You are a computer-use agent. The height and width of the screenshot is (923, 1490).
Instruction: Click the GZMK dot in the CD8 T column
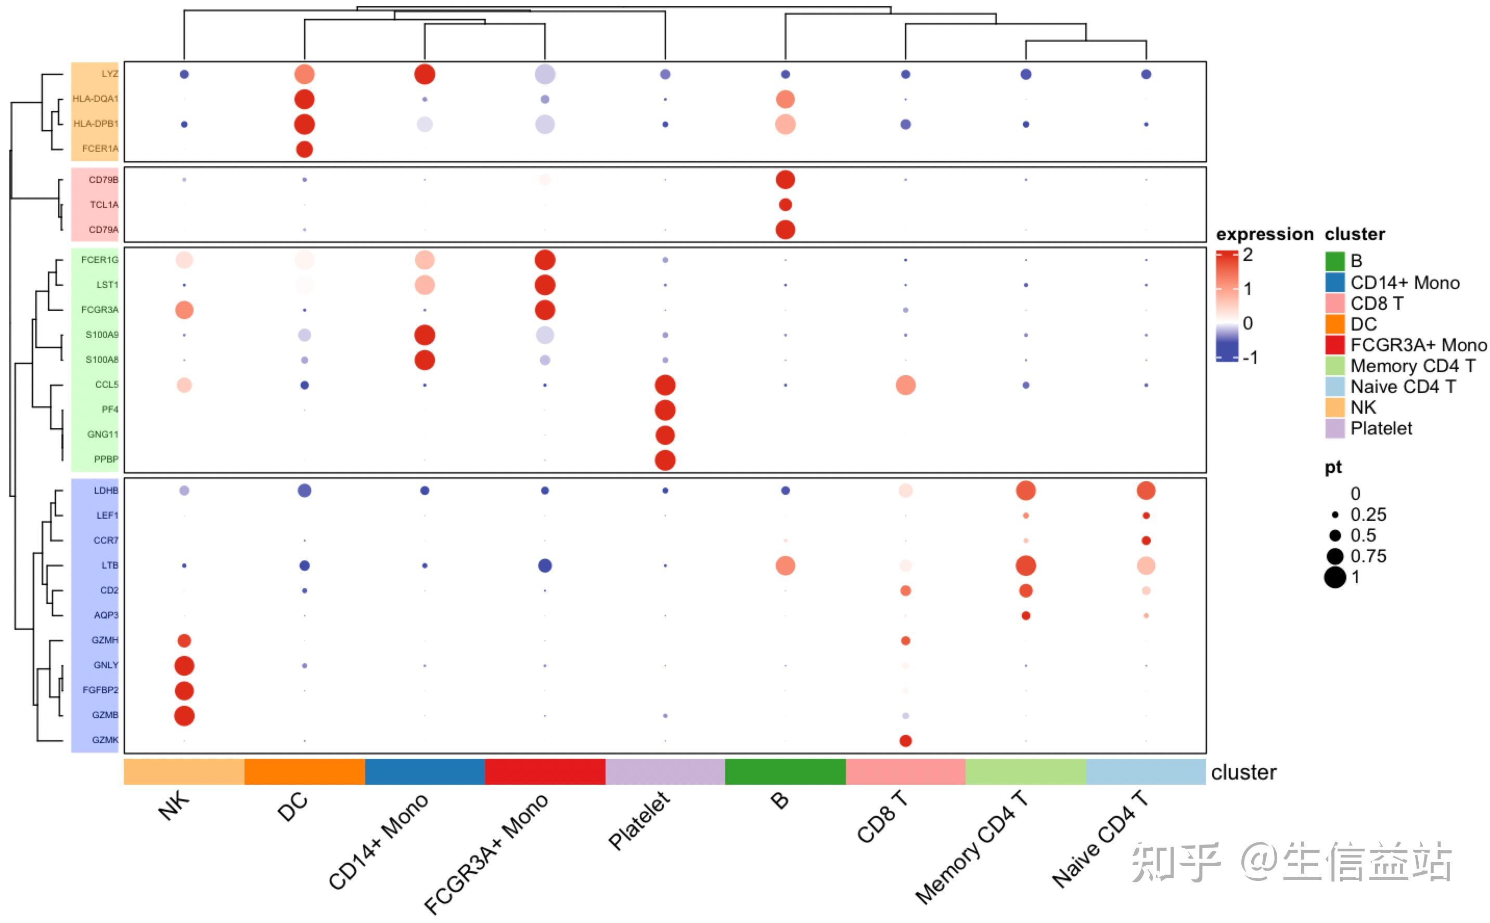(905, 741)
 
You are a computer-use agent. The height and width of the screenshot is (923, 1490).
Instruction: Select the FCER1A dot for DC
(304, 149)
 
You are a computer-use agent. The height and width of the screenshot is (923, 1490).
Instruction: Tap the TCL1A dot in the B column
(785, 204)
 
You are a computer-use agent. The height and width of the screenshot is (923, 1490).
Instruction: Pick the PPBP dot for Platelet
(665, 459)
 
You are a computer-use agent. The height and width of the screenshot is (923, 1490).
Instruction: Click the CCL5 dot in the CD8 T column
(905, 385)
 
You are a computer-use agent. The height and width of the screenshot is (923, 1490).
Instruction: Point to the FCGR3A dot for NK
(184, 310)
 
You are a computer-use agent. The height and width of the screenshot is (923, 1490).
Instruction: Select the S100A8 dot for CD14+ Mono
(425, 360)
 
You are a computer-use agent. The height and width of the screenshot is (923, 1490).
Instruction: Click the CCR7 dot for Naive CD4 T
(1146, 540)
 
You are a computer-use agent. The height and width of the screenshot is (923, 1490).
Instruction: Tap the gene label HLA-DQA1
(95, 99)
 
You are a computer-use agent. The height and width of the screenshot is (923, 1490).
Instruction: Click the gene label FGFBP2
(100, 690)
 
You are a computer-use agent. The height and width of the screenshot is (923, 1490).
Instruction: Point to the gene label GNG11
(102, 434)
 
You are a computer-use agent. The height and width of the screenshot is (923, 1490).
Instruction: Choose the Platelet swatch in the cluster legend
(1335, 429)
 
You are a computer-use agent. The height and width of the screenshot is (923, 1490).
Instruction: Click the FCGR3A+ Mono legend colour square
(1335, 345)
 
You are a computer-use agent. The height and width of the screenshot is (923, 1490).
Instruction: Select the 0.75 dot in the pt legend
(1335, 556)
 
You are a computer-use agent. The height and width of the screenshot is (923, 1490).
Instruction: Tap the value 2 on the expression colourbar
(1248, 255)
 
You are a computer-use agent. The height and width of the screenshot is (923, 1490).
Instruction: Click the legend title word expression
(1264, 234)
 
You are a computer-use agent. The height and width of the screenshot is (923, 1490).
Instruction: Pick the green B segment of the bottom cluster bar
(785, 772)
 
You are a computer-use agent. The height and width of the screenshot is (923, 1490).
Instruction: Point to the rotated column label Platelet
(639, 821)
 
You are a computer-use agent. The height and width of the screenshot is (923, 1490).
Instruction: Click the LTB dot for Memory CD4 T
(1026, 565)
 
